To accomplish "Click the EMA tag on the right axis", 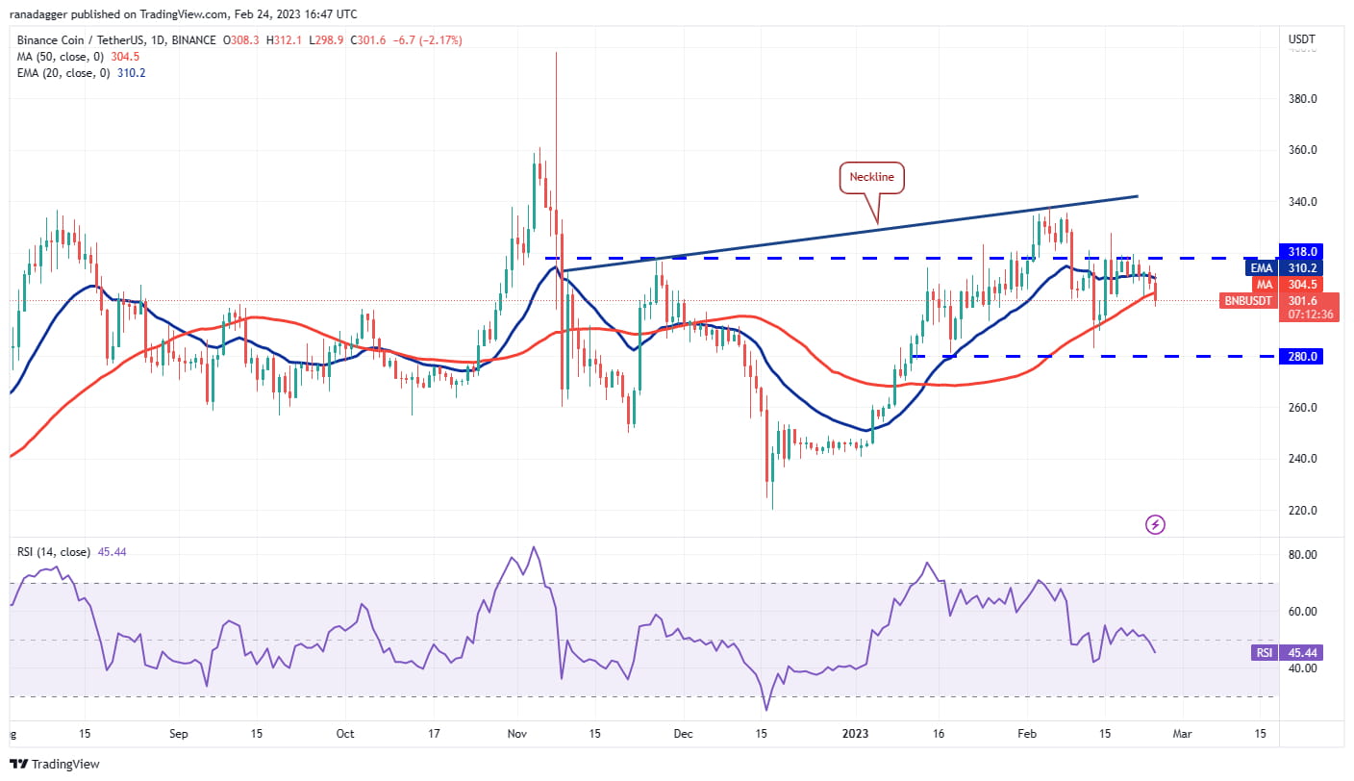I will tap(1262, 267).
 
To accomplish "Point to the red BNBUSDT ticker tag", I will tap(1249, 300).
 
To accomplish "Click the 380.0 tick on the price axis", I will tap(1304, 99).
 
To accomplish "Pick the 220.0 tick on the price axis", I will tap(1304, 511).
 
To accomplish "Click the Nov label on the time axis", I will tap(516, 734).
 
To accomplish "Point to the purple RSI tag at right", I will tap(1264, 653).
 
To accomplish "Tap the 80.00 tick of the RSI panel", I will tap(1303, 555).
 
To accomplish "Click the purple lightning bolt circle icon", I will tap(1156, 524).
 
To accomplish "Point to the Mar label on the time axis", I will tap(1181, 734).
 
